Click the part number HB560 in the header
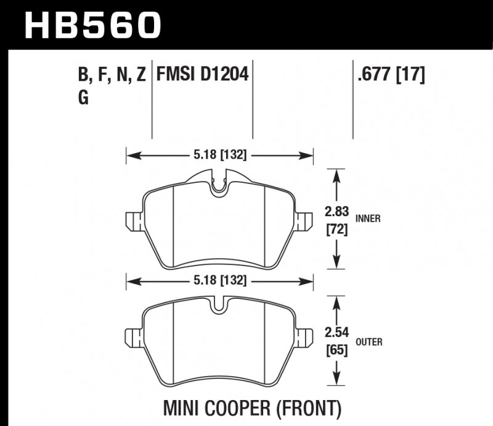pos(92,25)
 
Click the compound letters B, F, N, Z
pos(112,76)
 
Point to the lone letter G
pos(83,98)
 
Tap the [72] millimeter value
pos(336,230)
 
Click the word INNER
pos(368,218)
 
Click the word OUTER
pos(369,342)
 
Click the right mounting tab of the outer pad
pos(302,335)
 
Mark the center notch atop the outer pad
pos(219,307)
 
